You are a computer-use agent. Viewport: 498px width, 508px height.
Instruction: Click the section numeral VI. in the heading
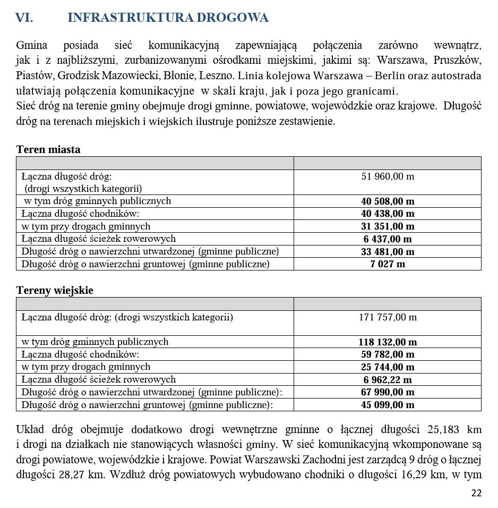pos(24,18)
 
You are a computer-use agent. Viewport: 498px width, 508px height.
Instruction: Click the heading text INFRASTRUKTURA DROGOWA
pos(168,18)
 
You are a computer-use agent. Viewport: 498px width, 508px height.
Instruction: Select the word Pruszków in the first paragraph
pos(458,60)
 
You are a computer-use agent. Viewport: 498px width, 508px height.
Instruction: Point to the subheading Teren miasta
pos(48,149)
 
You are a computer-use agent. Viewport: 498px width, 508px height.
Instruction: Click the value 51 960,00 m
pos(388,176)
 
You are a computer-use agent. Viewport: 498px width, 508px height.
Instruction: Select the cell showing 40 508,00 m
pos(388,201)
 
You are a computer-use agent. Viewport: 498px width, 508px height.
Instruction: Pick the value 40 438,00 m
pos(388,214)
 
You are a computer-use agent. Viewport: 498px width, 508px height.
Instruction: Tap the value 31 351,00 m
pos(388,226)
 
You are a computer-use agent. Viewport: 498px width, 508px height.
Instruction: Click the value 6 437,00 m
pos(388,239)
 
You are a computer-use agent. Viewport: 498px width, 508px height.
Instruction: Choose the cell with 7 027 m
pos(388,264)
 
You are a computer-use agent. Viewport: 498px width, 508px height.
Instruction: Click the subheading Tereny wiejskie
pos(55,290)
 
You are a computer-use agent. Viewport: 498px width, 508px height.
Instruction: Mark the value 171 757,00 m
pos(388,317)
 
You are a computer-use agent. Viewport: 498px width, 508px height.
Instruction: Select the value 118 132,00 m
pos(388,342)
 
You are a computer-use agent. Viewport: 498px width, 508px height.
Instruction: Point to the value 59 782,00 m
pos(388,354)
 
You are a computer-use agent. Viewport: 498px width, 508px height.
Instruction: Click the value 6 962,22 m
pos(388,380)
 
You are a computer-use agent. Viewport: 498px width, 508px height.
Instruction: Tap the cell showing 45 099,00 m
pos(388,405)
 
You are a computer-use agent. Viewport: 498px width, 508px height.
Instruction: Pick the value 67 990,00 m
pos(388,392)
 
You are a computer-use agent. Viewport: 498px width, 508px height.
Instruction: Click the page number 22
pos(476,493)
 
